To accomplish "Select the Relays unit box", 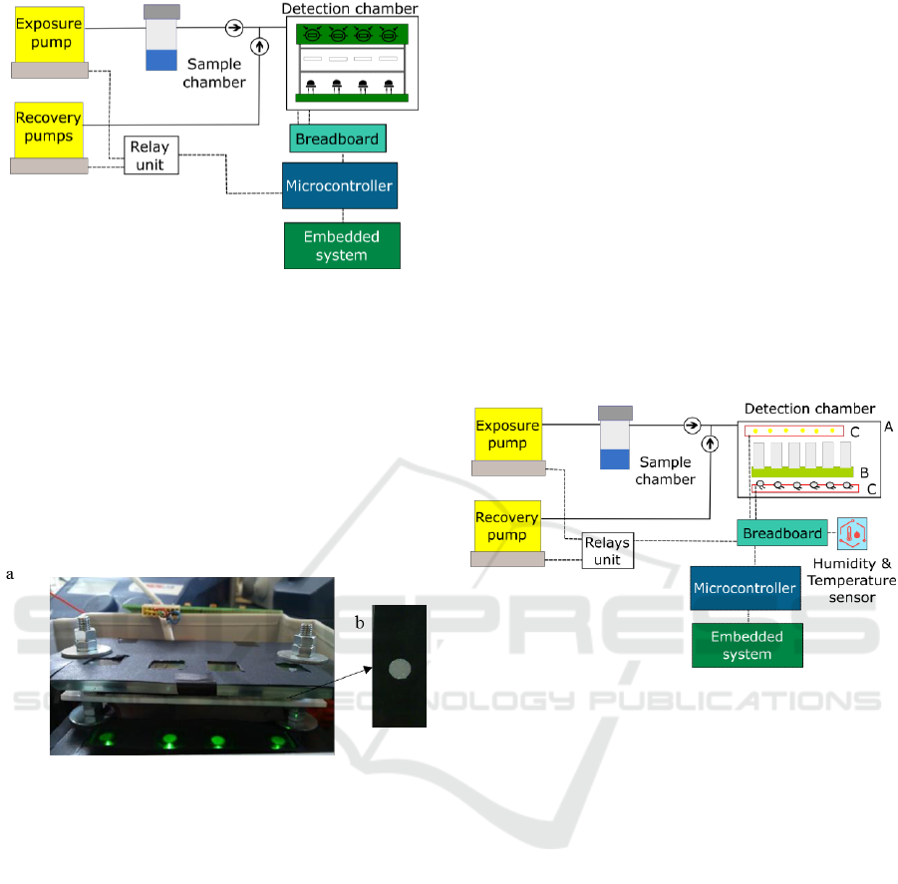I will coord(607,551).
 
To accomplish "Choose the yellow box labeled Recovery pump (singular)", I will coord(506,524).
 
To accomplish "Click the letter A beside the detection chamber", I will coord(887,426).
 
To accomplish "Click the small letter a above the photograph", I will coord(10,574).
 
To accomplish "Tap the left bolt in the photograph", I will coord(82,637).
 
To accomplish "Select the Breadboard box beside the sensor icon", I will coord(782,533).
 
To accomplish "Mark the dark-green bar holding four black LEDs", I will coord(352,97).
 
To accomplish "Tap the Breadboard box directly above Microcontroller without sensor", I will coord(338,139).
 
